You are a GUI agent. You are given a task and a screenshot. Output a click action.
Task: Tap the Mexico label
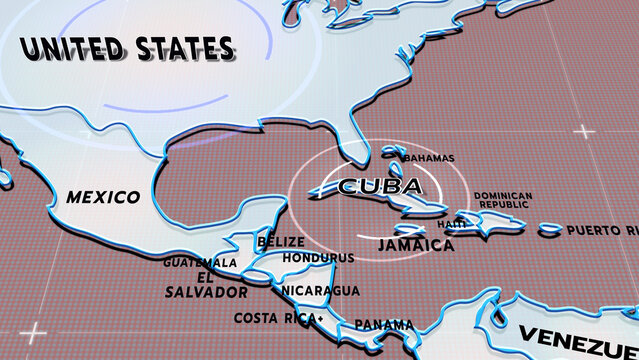click(103, 197)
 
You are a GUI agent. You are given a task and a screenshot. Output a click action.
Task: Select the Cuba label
click(379, 186)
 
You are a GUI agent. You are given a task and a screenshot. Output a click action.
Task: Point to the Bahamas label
click(428, 158)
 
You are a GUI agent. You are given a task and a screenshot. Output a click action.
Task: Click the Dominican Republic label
click(503, 200)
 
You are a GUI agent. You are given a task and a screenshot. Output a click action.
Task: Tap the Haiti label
click(452, 223)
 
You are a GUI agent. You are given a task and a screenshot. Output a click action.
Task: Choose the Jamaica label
click(416, 244)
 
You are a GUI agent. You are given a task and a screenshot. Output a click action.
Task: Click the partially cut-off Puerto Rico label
click(601, 230)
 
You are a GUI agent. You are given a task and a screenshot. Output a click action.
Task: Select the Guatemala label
click(201, 263)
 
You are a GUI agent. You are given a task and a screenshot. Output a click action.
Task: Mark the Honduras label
click(319, 257)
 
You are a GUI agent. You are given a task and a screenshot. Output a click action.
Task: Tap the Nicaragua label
click(320, 290)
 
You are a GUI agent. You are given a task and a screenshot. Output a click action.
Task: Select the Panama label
click(384, 324)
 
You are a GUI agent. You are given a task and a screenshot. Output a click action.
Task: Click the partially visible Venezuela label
click(580, 335)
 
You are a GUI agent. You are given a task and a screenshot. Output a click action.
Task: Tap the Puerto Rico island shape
click(549, 230)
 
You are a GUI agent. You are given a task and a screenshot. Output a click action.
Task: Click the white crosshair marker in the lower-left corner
click(34, 331)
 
